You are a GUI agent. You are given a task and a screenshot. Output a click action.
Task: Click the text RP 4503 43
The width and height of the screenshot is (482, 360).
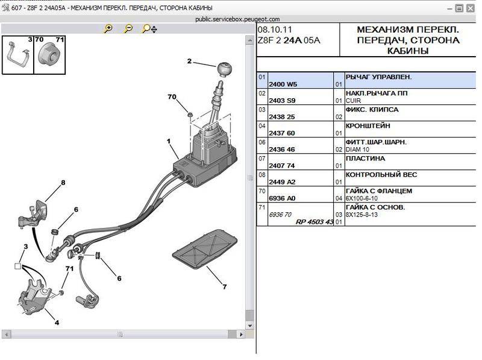tap(314, 222)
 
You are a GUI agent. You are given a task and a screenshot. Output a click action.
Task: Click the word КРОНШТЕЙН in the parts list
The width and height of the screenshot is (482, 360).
tap(368, 126)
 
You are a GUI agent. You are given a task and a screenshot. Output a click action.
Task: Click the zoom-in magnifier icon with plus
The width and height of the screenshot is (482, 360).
tap(108, 28)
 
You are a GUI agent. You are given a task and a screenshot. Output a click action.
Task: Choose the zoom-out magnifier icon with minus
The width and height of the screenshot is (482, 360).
tap(128, 28)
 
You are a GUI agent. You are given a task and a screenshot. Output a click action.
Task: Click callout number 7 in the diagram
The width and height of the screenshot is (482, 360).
tap(224, 286)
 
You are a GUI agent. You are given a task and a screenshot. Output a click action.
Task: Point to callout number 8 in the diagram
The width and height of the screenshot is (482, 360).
tap(63, 182)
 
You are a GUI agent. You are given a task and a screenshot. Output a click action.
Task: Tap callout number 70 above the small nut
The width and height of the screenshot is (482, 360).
tap(172, 96)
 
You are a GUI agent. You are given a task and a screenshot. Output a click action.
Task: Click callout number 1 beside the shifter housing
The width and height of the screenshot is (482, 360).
tap(169, 141)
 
